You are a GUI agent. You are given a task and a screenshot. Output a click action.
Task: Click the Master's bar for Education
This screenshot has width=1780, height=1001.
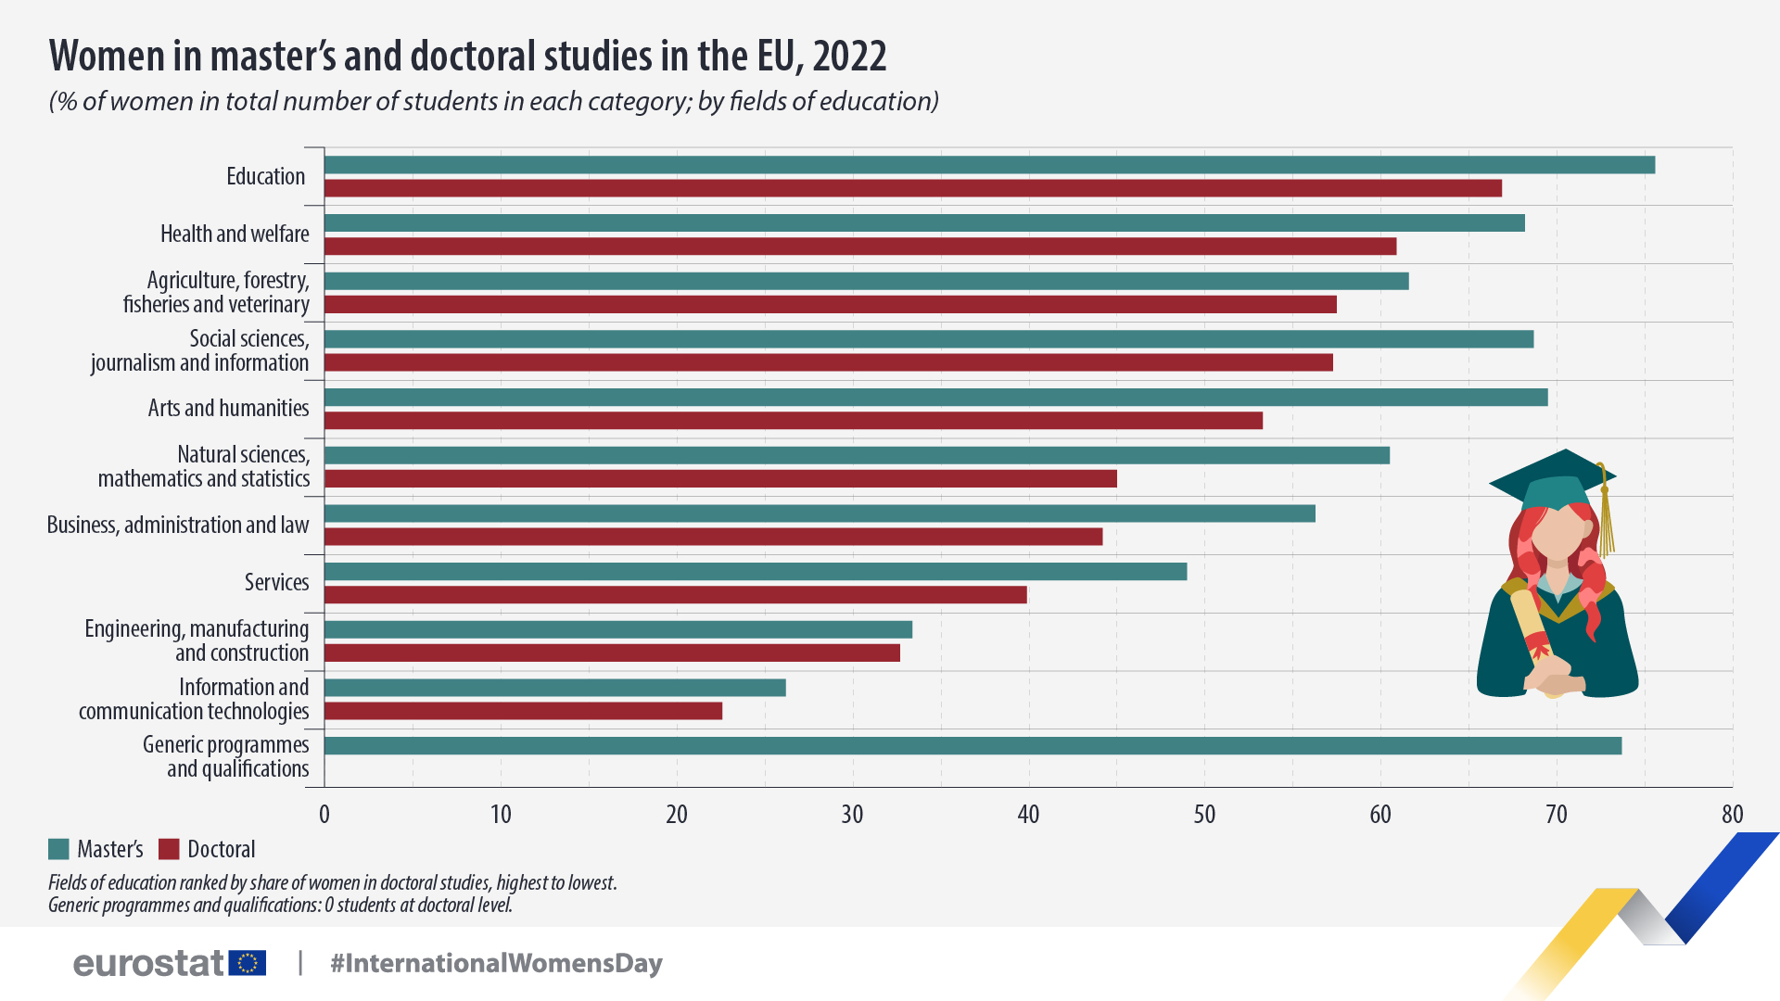coord(989,165)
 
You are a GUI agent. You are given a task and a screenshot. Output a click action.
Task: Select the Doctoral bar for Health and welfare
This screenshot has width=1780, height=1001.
coord(860,247)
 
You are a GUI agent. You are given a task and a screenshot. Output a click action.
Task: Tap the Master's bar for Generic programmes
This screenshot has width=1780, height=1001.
coord(973,746)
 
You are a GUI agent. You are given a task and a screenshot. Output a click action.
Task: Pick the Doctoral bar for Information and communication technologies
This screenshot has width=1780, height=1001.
coord(523,711)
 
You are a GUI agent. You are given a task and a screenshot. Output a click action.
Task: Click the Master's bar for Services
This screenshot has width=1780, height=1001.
coord(756,572)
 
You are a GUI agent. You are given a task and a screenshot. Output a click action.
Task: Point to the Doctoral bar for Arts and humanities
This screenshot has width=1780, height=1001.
coord(794,421)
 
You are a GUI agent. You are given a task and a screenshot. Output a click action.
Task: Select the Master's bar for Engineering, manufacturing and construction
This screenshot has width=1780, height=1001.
coord(618,630)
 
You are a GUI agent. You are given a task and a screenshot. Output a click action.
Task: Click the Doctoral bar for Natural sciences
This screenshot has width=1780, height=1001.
coord(720,479)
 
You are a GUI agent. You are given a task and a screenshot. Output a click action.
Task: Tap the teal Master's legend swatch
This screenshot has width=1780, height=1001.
coord(59,849)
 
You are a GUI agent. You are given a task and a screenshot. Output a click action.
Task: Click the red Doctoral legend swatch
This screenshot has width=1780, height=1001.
coord(169,849)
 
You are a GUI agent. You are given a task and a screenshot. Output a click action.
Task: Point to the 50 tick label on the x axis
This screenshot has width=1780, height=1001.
coord(1204,815)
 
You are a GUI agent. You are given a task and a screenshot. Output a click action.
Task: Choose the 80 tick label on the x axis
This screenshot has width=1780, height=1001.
coord(1732,815)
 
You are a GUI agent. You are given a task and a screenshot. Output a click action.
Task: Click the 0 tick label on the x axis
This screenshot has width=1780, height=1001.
coord(324,815)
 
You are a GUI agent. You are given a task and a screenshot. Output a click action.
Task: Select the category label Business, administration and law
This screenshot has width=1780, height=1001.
coord(178,526)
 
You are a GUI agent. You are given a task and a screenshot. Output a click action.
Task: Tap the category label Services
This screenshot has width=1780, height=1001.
coord(276,583)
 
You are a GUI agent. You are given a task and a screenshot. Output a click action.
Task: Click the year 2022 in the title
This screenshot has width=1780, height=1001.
coord(849,57)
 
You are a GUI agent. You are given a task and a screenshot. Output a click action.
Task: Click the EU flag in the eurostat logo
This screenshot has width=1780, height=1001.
coord(248,963)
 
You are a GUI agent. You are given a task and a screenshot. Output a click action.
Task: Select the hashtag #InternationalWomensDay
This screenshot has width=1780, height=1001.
coord(496,963)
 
